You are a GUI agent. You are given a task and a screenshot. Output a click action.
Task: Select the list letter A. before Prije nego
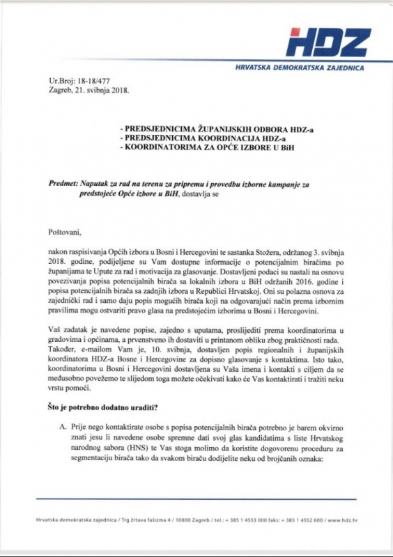coord(65,425)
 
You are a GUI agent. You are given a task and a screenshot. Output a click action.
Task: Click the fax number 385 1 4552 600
coord(307,520)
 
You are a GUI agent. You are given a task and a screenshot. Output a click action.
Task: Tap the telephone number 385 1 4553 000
coord(247,520)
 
